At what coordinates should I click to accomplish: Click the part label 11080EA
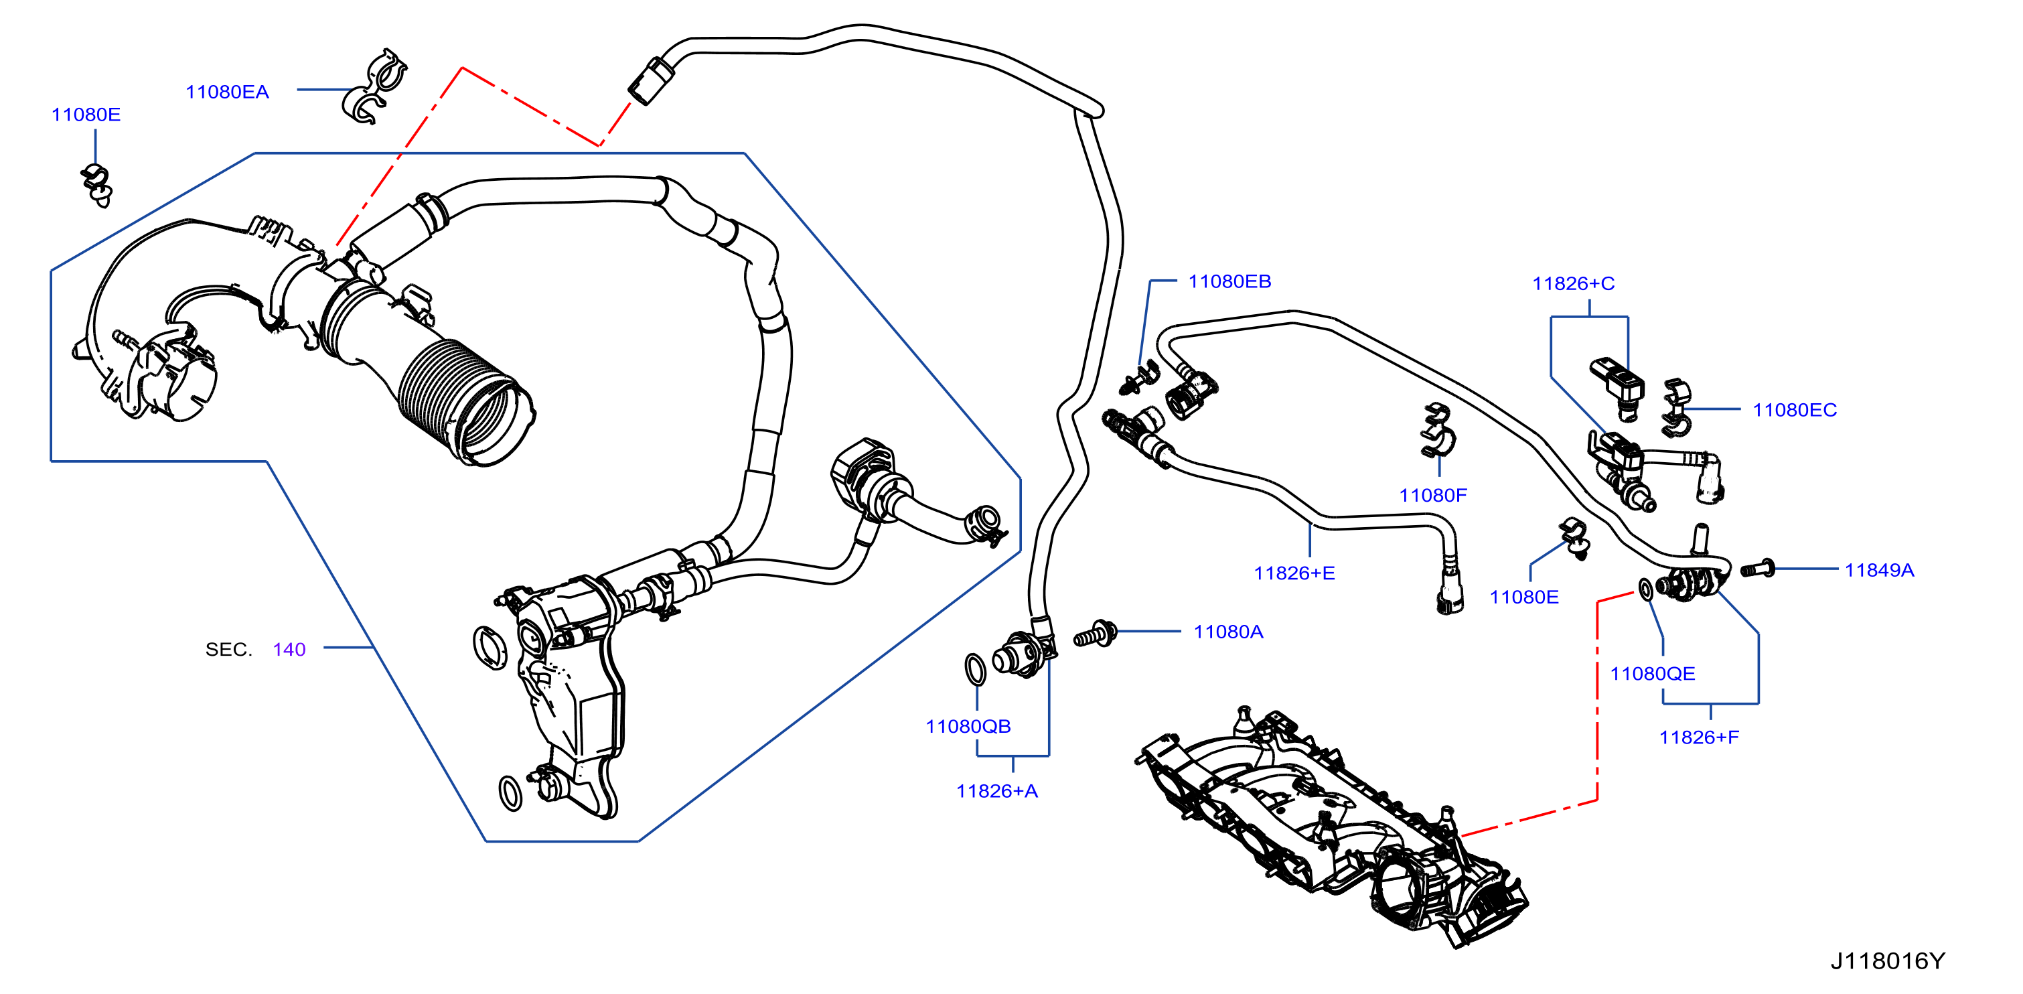(227, 92)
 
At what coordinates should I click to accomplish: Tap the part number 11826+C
(1573, 283)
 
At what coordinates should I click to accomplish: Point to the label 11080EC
(1795, 410)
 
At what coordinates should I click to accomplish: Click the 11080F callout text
(1432, 495)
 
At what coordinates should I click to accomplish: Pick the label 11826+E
(1294, 573)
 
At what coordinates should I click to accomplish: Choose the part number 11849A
(1878, 571)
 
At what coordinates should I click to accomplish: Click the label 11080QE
(1652, 673)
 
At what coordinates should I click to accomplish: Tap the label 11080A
(1228, 632)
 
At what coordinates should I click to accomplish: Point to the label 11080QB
(968, 726)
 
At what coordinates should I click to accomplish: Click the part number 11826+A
(996, 791)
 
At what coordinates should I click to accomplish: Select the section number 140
(289, 650)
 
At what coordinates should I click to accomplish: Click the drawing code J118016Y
(1888, 961)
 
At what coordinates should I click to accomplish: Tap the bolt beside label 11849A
(1758, 568)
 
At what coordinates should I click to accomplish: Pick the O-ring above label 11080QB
(976, 670)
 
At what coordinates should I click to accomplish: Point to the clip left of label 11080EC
(1676, 407)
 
